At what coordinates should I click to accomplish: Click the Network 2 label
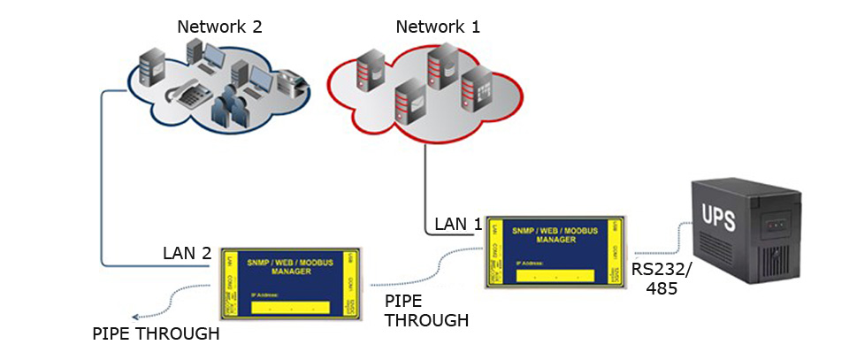click(x=219, y=26)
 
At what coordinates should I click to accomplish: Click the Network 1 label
click(x=437, y=27)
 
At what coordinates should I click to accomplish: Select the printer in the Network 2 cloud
click(x=291, y=84)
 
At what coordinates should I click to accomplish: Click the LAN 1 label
click(x=457, y=225)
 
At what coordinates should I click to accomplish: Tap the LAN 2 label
click(x=187, y=253)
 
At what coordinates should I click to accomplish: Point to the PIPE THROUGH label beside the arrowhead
click(x=156, y=334)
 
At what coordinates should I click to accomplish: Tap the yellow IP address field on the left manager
click(x=290, y=308)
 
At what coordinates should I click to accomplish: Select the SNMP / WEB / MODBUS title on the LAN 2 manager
click(x=290, y=267)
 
